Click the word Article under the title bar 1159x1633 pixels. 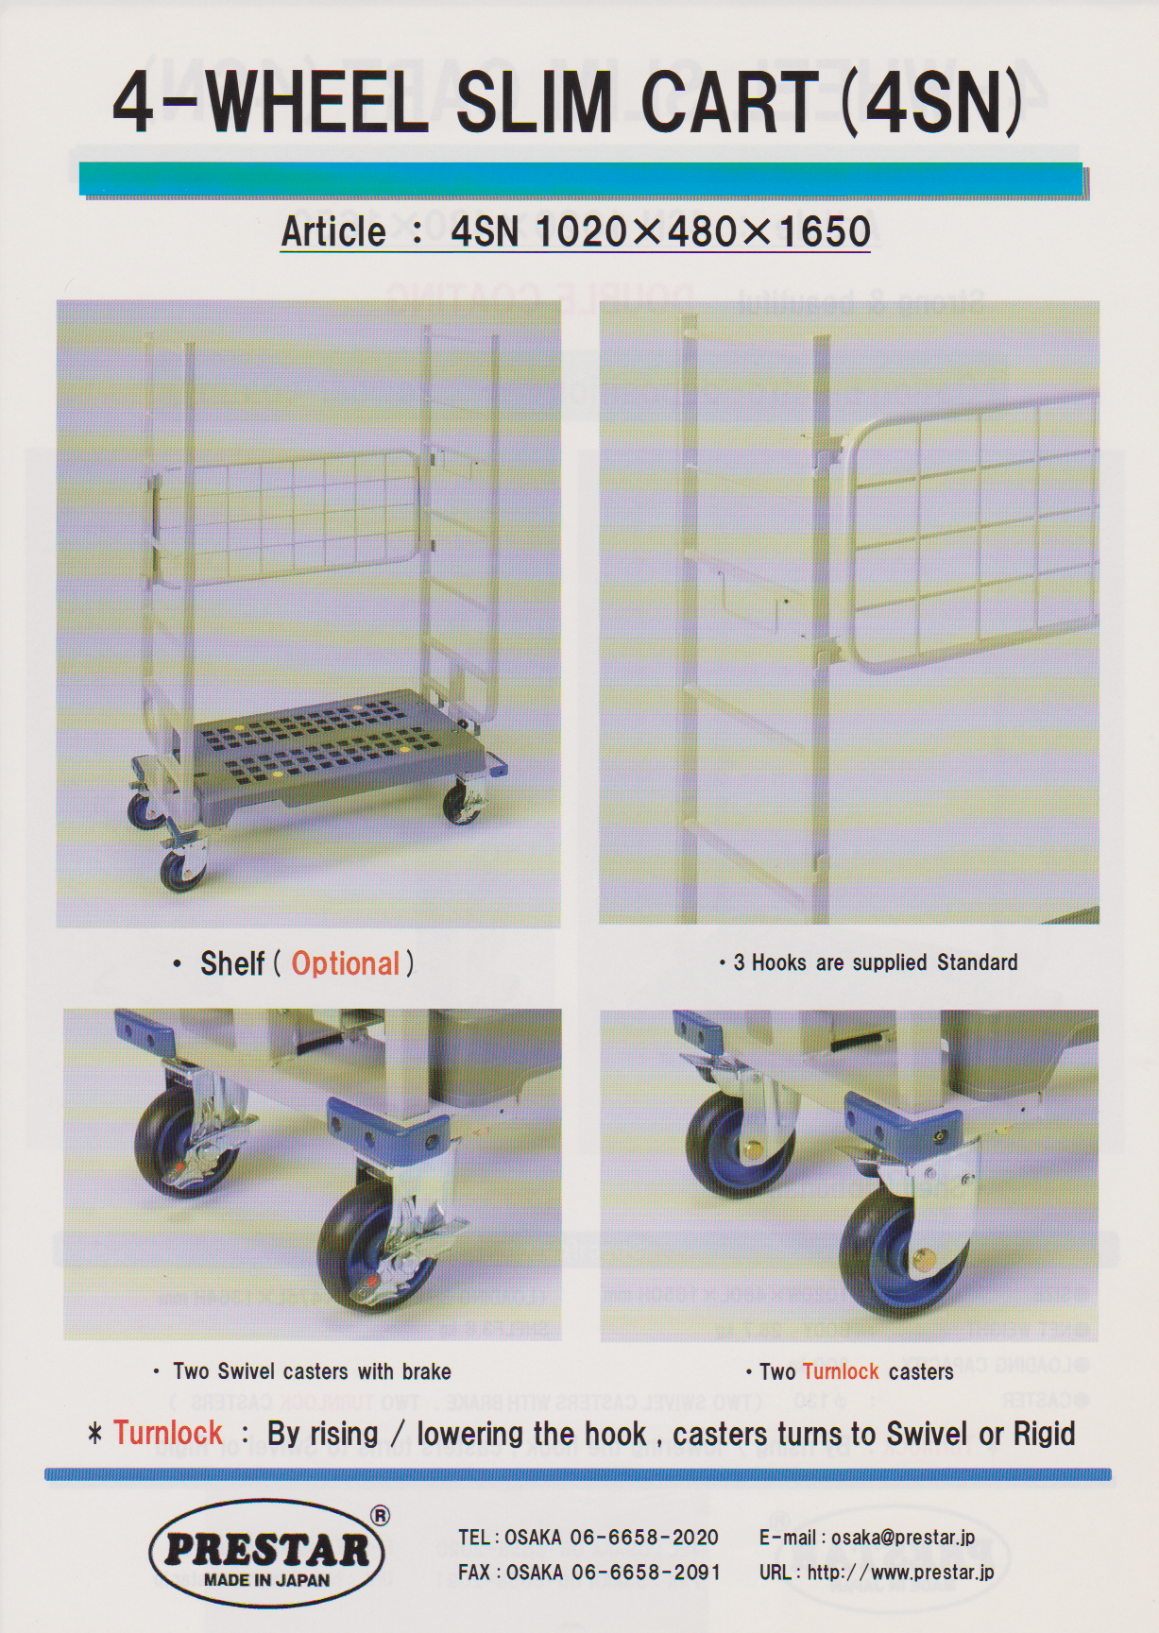coord(333,231)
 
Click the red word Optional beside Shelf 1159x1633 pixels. coord(346,963)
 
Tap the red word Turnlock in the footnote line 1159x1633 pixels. coord(168,1433)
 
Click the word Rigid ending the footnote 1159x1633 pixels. coord(1045,1435)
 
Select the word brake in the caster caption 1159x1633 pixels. coord(427,1371)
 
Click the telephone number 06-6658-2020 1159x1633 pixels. coord(644,1538)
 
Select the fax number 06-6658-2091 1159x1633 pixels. coord(646,1573)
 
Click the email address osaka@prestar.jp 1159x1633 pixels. coord(903,1538)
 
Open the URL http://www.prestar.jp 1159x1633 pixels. coord(900,1573)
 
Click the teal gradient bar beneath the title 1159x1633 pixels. coord(582,179)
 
